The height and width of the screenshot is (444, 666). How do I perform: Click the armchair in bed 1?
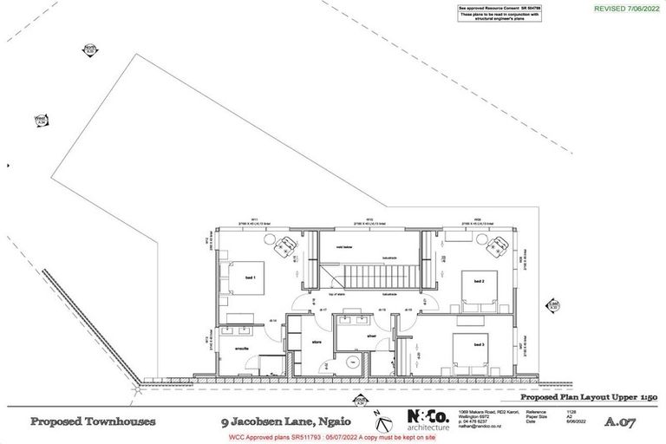[x=282, y=247]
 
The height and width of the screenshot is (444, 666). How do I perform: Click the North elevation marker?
[x=88, y=49]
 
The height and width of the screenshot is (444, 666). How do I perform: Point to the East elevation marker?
[x=553, y=304]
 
